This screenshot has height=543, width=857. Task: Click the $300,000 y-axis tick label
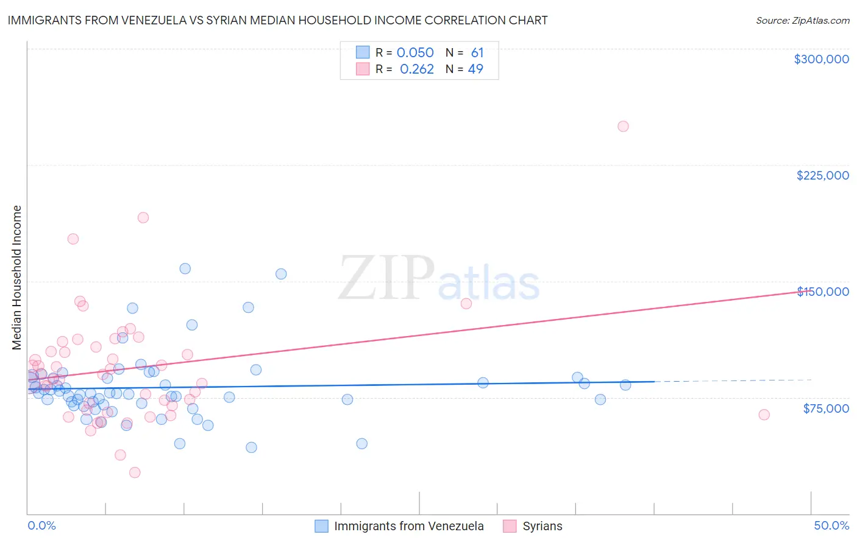tap(821, 59)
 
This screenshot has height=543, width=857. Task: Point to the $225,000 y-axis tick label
tap(822, 175)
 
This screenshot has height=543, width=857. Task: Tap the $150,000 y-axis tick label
tap(823, 292)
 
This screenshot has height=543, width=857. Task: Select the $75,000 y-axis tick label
tap(826, 408)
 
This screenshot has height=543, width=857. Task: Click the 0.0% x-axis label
tap(41, 525)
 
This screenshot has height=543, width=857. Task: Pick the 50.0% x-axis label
tap(831, 525)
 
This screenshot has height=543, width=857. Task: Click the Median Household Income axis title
tap(16, 278)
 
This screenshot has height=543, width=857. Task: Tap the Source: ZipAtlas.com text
tap(802, 21)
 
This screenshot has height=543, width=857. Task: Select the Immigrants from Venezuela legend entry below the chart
tap(399, 526)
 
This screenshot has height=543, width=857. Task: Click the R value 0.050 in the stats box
tap(415, 53)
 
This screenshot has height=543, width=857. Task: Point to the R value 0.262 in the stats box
tap(416, 69)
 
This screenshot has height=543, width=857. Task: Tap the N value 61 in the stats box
tap(477, 53)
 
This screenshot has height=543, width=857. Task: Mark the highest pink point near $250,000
tap(623, 127)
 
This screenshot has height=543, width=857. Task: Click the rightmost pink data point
tap(764, 415)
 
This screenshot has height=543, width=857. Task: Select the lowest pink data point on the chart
tap(135, 472)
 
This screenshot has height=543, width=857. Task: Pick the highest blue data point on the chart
tap(185, 268)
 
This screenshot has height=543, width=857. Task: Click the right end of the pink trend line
tap(811, 291)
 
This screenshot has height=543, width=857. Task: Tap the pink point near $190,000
tap(143, 217)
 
